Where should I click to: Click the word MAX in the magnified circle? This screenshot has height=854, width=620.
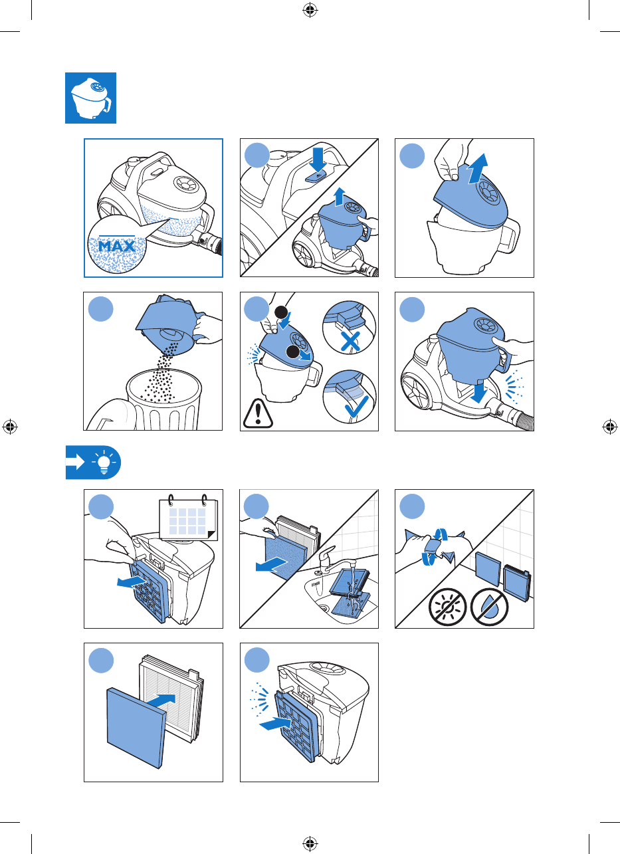click(x=117, y=246)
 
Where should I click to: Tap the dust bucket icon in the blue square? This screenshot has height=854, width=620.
click(x=91, y=98)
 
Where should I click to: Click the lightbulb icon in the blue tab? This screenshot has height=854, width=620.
click(x=104, y=462)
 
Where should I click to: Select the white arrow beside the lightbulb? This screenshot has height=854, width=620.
click(x=75, y=463)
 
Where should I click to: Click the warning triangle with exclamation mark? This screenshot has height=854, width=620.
click(x=258, y=413)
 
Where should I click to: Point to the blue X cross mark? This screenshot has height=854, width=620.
click(x=350, y=341)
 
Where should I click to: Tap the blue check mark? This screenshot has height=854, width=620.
click(x=357, y=407)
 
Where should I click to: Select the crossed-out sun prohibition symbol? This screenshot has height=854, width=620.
click(x=448, y=607)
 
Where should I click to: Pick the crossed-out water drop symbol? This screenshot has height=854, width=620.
click(x=489, y=607)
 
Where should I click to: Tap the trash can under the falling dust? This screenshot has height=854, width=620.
click(x=164, y=399)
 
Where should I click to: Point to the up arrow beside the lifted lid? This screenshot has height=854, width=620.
click(x=478, y=169)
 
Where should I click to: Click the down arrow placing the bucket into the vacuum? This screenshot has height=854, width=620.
click(x=478, y=391)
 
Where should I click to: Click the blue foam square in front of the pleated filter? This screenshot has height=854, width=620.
click(x=136, y=728)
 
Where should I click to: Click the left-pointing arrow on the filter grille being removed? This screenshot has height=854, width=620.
click(x=131, y=582)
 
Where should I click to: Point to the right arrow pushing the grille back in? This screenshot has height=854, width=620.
click(x=275, y=723)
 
